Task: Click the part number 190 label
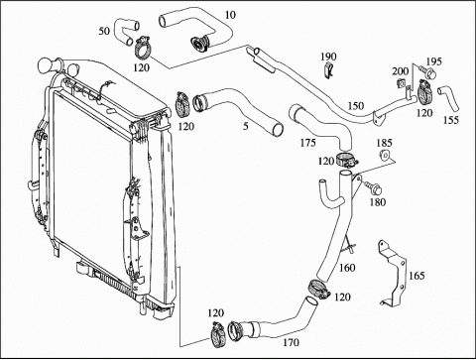point(328,57)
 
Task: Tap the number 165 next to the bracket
point(416,276)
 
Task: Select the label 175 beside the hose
point(307,143)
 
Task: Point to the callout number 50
point(104,31)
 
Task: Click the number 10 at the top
point(230,15)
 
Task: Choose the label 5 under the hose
point(245,126)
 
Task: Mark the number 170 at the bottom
point(291,342)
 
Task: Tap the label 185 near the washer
point(384,143)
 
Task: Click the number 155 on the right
point(451,120)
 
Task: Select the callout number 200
point(401,71)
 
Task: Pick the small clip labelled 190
point(328,71)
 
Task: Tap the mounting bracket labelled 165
point(394,273)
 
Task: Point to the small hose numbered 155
point(448,98)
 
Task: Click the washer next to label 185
point(385,155)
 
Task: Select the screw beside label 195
point(427,71)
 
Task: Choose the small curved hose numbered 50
point(123,32)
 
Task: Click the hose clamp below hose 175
point(347,160)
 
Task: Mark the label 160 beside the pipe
point(347,268)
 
